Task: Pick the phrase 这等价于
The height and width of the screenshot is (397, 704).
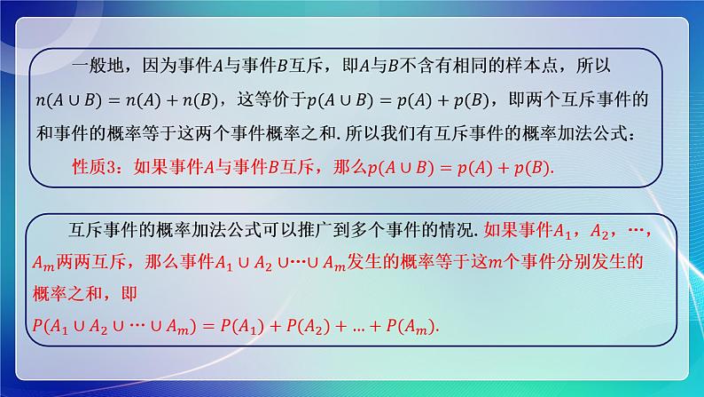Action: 288,99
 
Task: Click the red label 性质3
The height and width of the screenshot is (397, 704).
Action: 91,166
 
